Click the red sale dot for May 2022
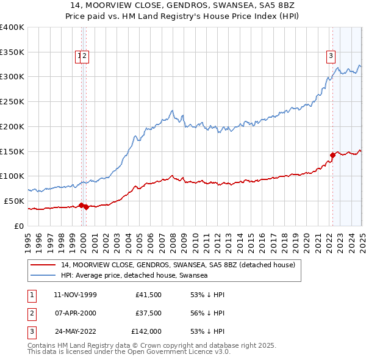(332, 155)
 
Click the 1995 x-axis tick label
(28, 242)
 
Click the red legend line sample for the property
(43, 265)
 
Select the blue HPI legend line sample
(43, 276)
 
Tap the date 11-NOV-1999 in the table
(75, 295)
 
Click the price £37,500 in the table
(148, 313)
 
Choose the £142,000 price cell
(146, 332)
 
